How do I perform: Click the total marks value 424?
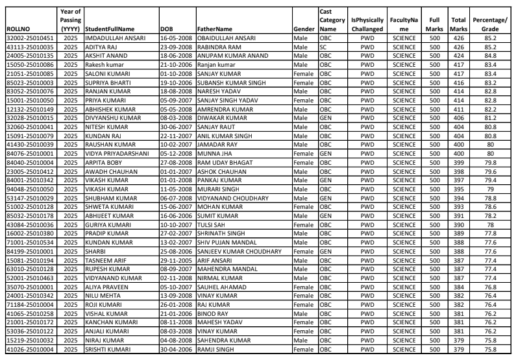coord(459,55)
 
